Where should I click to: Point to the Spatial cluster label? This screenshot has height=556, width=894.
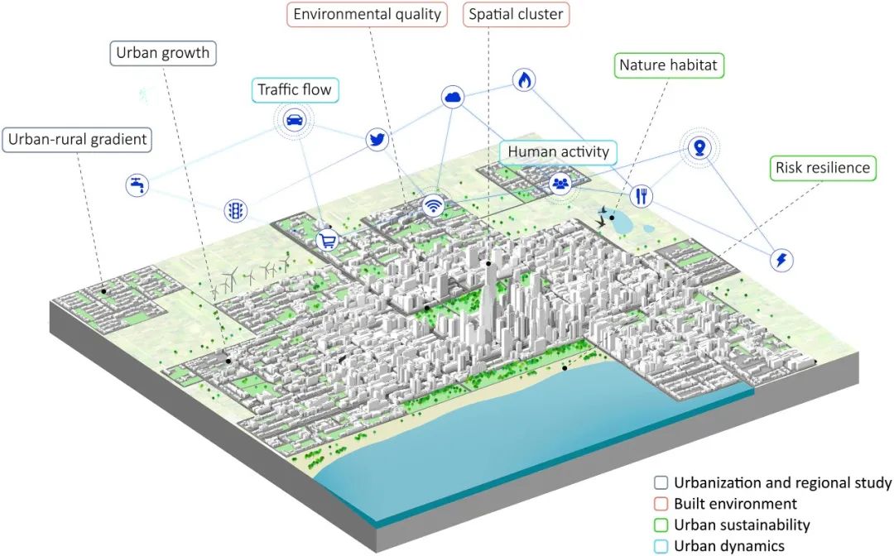point(516,14)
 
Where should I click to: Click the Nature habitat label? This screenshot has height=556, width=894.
point(670,65)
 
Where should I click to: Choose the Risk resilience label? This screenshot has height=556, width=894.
point(822,168)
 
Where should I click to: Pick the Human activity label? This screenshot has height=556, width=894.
point(558,152)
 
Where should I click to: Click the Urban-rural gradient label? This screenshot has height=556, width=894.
point(77,139)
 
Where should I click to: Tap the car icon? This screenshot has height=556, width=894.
point(293,121)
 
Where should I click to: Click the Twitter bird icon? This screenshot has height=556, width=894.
point(377,140)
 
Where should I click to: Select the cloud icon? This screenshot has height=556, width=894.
point(453,98)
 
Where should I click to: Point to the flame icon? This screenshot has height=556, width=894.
point(524,79)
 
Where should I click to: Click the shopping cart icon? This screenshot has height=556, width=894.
point(328,241)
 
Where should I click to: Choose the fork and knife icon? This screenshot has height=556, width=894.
point(642,196)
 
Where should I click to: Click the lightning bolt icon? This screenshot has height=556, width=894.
point(781,260)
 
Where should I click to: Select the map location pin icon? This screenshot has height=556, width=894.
point(700,149)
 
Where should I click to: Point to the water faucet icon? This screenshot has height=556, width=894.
point(137,185)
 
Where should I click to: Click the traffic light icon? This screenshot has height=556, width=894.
point(235,211)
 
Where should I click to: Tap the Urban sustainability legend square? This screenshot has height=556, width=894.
point(661,525)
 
